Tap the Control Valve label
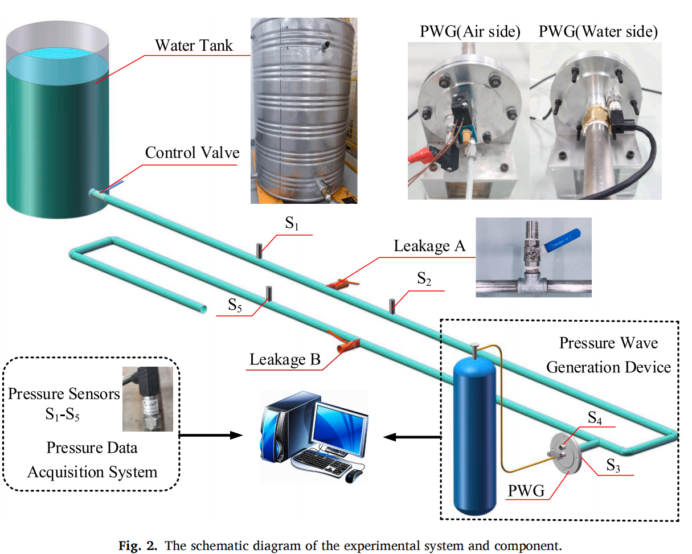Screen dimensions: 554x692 click(192, 153)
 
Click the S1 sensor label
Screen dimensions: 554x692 click(292, 224)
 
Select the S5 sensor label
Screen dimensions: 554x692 click(235, 305)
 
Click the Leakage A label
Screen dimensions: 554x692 click(429, 246)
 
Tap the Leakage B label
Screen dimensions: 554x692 click(285, 360)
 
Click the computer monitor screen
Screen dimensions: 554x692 click(341, 425)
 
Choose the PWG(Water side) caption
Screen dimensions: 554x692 click(598, 32)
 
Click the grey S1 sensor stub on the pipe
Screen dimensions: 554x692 click(260, 251)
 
